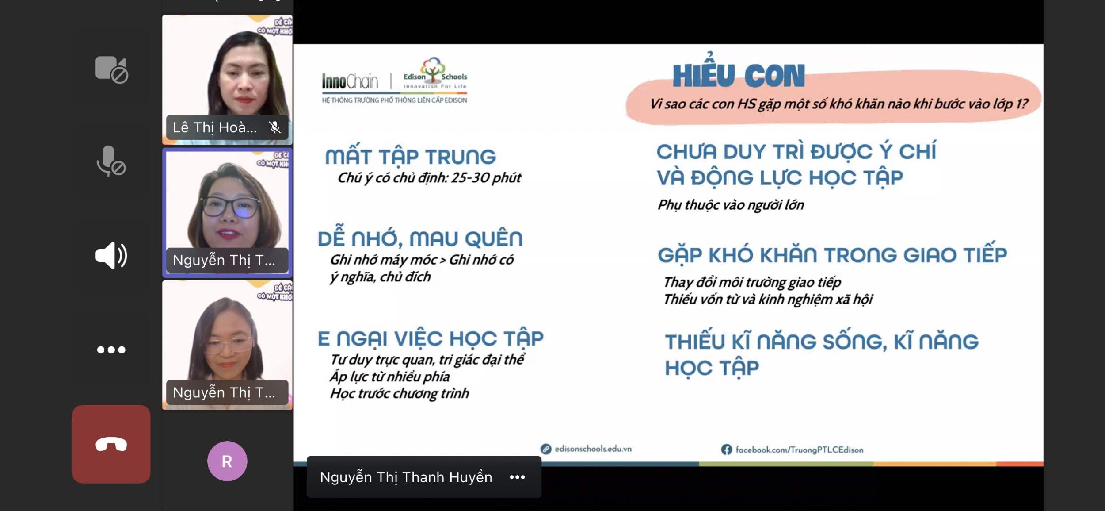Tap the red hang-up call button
pos(111,444)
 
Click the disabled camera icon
pos(111,69)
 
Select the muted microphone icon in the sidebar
pos(111,161)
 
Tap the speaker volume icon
pos(111,255)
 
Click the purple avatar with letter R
pos(227,461)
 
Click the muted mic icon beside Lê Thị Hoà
pos(274,127)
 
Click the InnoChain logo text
pos(350,81)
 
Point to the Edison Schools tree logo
pos(433,69)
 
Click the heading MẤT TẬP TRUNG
pos(410,155)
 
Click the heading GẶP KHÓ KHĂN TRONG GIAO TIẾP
pos(832,254)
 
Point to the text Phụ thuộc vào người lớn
pos(731,205)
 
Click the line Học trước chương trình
pos(399,393)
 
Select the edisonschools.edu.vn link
pos(593,449)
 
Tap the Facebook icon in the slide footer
pos(726,450)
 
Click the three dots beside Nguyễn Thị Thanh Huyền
pos(517,477)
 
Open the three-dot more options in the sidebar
pos(111,350)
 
